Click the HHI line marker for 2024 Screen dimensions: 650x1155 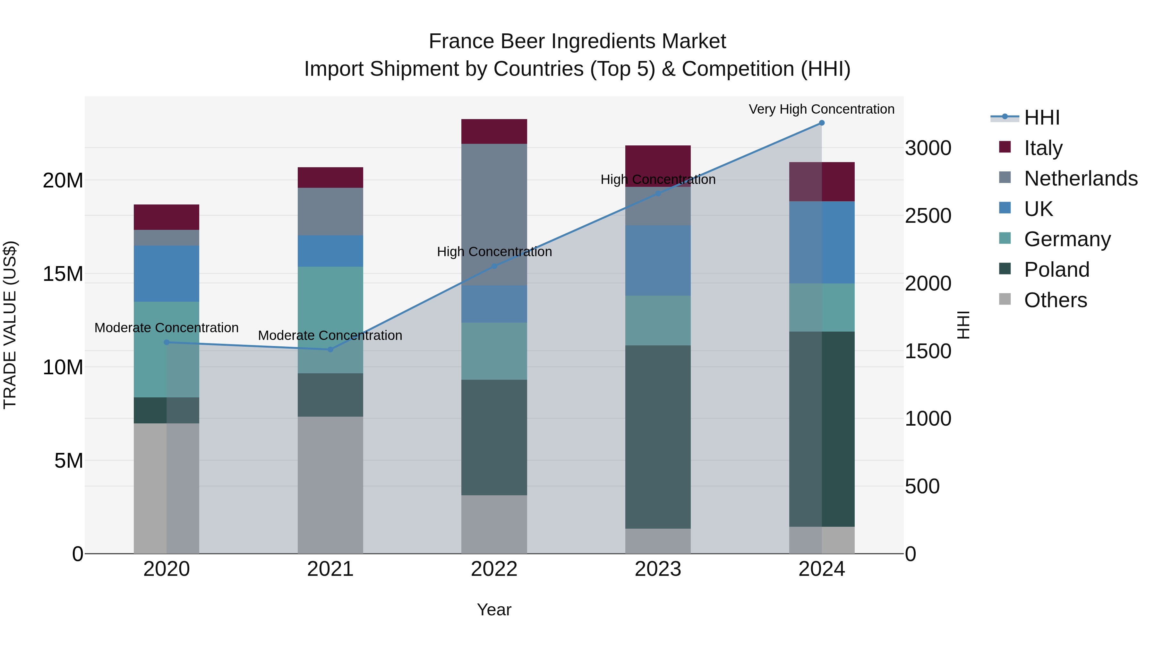click(x=821, y=123)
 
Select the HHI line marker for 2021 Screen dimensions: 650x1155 click(x=330, y=350)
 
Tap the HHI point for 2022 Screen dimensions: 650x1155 click(x=494, y=266)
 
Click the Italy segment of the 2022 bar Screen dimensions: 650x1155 click(x=494, y=131)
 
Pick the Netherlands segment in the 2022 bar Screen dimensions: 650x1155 click(x=494, y=214)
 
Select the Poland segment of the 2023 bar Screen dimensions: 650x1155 click(x=658, y=437)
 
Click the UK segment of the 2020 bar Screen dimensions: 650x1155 click(x=166, y=273)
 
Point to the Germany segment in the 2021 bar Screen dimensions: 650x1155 click(x=330, y=320)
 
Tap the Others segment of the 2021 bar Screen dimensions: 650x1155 click(x=330, y=485)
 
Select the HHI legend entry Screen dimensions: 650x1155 click(x=1041, y=117)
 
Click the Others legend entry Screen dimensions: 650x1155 click(x=1055, y=300)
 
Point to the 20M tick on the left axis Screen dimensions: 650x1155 click(x=63, y=181)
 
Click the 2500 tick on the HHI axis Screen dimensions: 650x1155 click(x=928, y=216)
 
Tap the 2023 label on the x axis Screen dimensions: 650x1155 click(x=658, y=569)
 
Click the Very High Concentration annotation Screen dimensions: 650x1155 click(x=821, y=109)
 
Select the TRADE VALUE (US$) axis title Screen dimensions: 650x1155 click(x=10, y=325)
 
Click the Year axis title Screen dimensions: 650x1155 click(x=494, y=610)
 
